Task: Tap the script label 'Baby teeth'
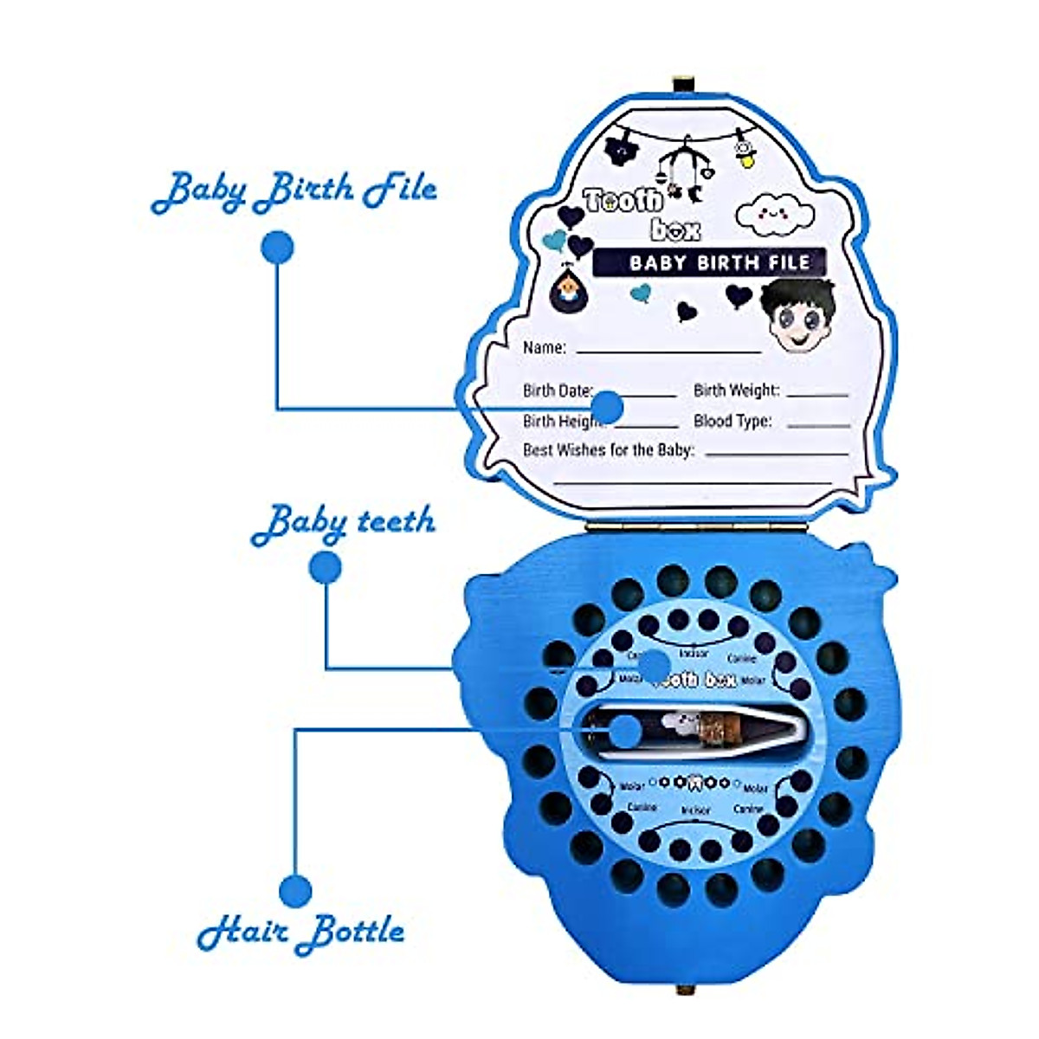[343, 523]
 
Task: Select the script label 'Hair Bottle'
[300, 932]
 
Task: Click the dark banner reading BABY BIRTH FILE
[709, 262]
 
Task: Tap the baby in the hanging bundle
[568, 290]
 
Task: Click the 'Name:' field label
[545, 348]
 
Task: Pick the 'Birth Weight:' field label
[736, 390]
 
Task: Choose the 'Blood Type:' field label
[732, 422]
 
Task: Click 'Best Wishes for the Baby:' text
[609, 450]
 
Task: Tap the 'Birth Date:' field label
[557, 390]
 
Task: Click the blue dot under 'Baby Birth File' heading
[277, 247]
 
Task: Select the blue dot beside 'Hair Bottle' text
[295, 891]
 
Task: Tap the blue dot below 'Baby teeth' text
[326, 568]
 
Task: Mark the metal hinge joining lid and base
[697, 525]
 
